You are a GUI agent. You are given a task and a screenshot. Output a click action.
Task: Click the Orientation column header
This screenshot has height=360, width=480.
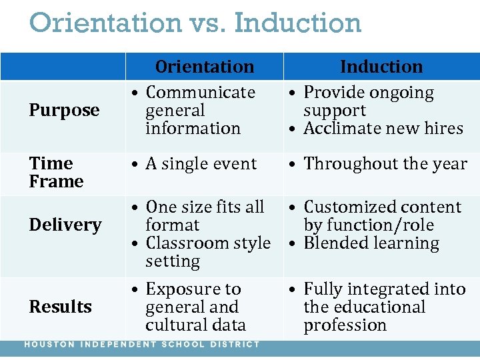(x=205, y=67)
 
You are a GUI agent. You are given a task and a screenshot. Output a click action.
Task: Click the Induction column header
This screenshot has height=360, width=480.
(x=381, y=67)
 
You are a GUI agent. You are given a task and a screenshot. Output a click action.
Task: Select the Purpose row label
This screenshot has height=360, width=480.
(x=64, y=110)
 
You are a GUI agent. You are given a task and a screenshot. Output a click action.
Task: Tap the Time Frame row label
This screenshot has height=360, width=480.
(x=57, y=172)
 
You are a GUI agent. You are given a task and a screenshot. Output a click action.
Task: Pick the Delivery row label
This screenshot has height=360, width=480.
(x=65, y=225)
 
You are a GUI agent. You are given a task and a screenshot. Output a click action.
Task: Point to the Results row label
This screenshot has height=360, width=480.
(x=61, y=307)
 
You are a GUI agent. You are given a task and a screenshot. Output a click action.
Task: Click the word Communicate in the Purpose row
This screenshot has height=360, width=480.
(x=200, y=92)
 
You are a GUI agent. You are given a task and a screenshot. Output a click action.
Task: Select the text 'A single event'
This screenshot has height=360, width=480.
(x=201, y=163)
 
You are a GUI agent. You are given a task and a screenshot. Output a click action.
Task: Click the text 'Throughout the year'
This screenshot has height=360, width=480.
(x=385, y=163)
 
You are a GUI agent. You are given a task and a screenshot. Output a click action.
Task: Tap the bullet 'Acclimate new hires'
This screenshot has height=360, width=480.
(x=383, y=128)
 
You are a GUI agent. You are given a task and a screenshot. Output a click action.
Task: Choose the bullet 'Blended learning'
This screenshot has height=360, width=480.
(x=371, y=243)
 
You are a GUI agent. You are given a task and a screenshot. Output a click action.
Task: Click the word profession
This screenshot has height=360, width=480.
(x=345, y=325)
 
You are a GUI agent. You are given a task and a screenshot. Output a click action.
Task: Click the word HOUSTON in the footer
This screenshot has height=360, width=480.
(x=49, y=345)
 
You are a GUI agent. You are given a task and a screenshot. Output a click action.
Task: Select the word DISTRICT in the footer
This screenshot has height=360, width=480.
(x=235, y=345)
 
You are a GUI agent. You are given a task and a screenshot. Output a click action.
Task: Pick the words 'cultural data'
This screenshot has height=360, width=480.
(x=195, y=325)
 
